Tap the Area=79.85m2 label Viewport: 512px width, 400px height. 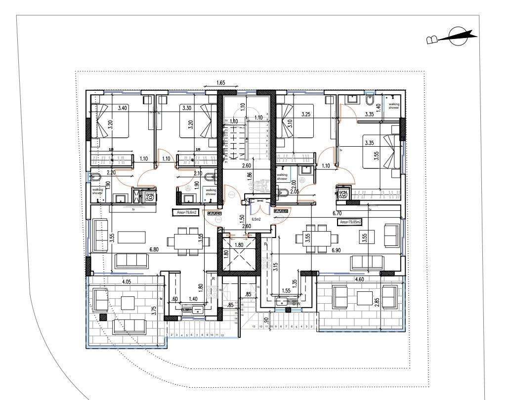350,222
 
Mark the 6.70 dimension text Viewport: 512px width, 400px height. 338,213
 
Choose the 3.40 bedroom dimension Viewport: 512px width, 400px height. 123,108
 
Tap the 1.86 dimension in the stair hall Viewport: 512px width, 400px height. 250,175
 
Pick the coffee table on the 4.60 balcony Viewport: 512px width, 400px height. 365,298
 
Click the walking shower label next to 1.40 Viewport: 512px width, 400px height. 394,106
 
